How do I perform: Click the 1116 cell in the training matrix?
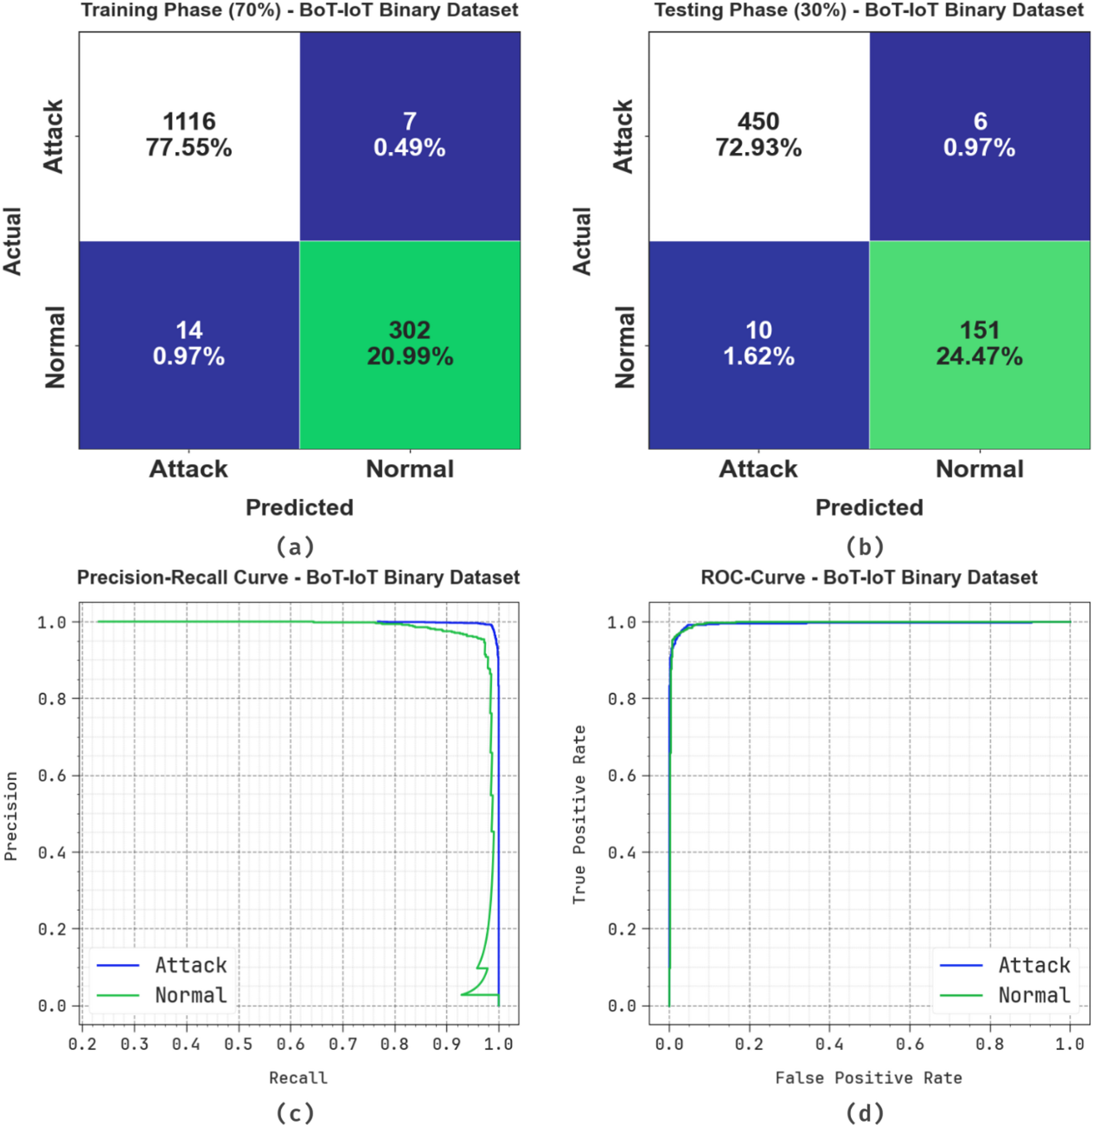coord(189,136)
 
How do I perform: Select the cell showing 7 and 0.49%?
coord(410,136)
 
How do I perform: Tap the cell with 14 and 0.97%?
coord(189,345)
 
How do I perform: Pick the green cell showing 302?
coord(410,345)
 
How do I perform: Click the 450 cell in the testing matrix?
coord(758,136)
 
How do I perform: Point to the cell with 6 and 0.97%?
coord(979,136)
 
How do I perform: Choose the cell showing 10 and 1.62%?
coord(758,345)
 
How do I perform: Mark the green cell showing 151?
coord(979,345)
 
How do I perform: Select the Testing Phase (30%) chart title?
coord(869,10)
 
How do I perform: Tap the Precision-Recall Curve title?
coord(298,577)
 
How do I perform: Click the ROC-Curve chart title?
coord(869,577)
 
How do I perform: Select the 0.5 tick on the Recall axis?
coord(238,1043)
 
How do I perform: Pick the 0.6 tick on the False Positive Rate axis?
coord(910,1043)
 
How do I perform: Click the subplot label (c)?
coord(295,1112)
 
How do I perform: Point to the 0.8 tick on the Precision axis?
coord(52,699)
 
